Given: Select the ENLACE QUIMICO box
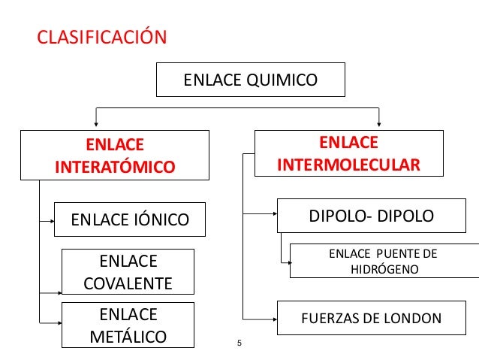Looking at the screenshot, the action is tap(250, 80).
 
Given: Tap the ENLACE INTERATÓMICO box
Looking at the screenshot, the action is tap(114, 154).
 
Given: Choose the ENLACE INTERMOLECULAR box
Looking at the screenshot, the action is tap(348, 153).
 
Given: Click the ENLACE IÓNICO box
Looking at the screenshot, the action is tap(129, 220).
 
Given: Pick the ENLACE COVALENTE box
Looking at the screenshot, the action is tap(128, 272).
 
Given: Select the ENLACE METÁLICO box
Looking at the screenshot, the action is tap(128, 325).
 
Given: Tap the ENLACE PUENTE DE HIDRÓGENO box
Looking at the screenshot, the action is tap(384, 261).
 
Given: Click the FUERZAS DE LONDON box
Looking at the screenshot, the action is tap(371, 318).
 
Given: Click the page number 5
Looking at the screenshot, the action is tap(239, 344).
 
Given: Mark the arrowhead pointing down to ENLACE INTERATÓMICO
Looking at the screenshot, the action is tap(95, 123).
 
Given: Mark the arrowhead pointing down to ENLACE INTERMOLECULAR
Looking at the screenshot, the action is tap(380, 123).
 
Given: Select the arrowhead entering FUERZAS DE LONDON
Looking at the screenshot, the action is tap(274, 318).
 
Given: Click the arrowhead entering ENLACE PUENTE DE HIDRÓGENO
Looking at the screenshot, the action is tap(287, 262).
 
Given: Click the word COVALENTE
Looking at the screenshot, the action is tap(128, 283).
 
